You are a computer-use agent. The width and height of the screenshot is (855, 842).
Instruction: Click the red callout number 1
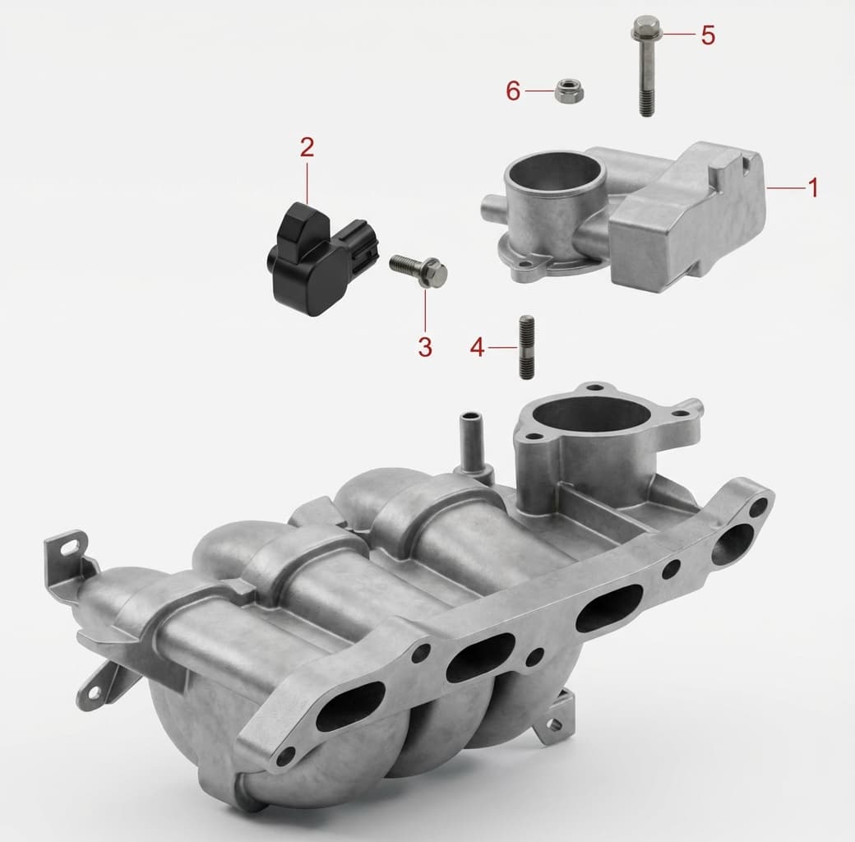(x=813, y=188)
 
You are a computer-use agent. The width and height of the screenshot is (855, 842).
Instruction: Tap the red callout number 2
(x=307, y=147)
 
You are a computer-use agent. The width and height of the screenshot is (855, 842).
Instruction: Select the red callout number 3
(x=425, y=347)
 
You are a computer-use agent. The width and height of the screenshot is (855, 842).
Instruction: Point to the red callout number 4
(x=477, y=347)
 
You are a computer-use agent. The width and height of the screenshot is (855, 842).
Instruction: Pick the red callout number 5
(x=708, y=35)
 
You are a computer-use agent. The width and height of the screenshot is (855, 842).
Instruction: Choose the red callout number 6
(x=513, y=91)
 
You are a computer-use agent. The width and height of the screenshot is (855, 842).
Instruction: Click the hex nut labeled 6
(x=570, y=91)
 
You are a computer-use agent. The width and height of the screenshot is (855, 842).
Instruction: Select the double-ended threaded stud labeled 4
(x=526, y=347)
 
